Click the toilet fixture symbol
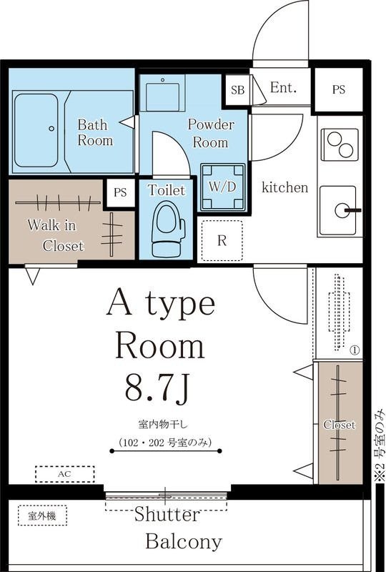click(x=168, y=229)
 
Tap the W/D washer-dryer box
click(x=222, y=187)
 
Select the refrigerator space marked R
click(x=222, y=240)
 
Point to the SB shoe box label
click(x=238, y=90)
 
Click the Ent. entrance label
click(x=283, y=87)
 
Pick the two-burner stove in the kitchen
click(x=340, y=144)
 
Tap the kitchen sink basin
click(x=337, y=210)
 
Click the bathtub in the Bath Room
click(x=36, y=130)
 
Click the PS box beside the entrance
click(x=339, y=90)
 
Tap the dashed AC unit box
click(x=64, y=474)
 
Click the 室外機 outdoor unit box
click(x=42, y=516)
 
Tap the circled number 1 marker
click(x=355, y=350)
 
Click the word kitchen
click(x=285, y=187)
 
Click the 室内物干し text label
click(x=162, y=425)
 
